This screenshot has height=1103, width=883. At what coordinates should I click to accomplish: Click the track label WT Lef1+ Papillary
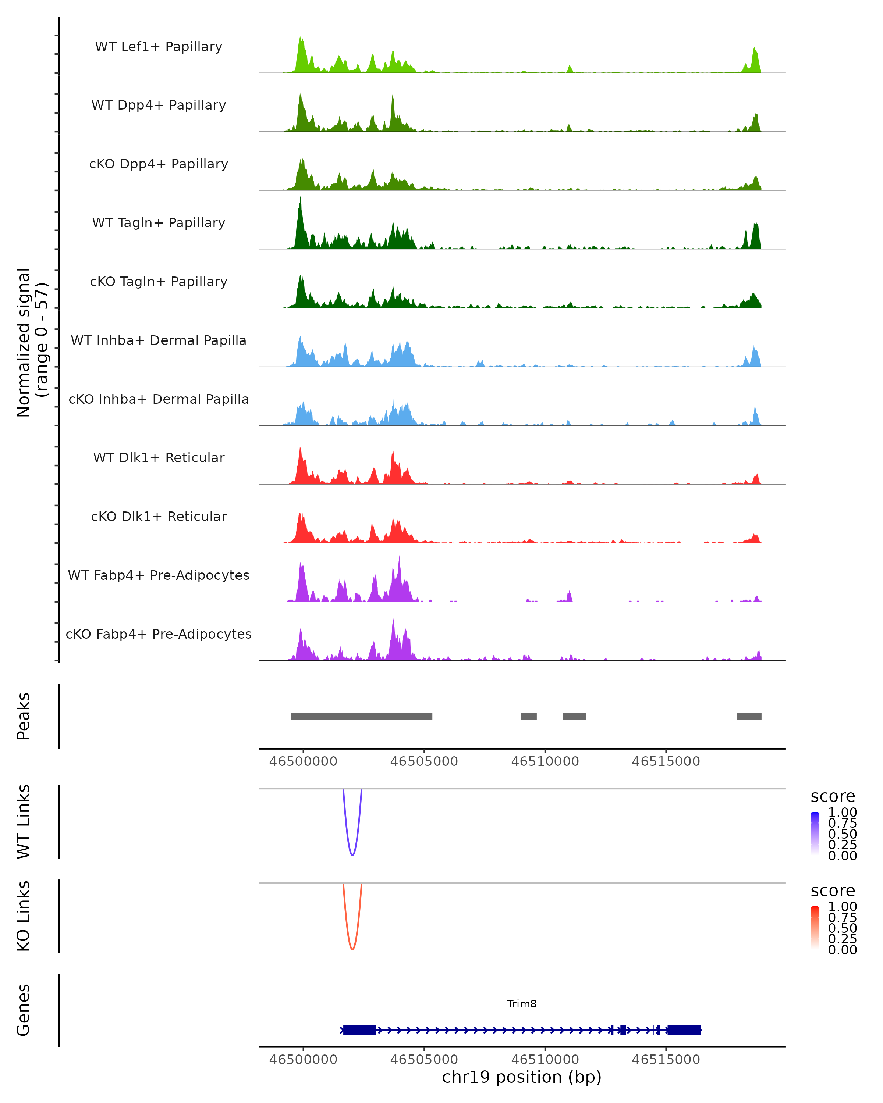click(159, 47)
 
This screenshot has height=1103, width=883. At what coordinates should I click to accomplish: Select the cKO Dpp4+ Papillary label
click(159, 164)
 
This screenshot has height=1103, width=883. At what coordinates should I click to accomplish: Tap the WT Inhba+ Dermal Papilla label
click(159, 340)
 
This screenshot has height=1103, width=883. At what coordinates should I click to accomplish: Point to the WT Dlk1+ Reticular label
click(159, 457)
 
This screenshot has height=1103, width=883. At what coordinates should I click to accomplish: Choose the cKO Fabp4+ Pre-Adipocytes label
click(159, 634)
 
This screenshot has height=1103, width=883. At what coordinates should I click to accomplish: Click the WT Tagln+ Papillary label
click(159, 222)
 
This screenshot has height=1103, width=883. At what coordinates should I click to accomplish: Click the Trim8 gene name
click(522, 1003)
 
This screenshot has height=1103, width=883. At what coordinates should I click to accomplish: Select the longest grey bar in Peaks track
click(361, 716)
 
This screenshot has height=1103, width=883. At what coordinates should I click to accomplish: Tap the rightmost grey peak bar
click(749, 716)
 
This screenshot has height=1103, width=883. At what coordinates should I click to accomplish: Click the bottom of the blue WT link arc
click(352, 854)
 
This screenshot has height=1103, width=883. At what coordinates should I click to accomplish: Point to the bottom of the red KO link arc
click(352, 949)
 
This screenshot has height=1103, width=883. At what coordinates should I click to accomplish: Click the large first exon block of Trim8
click(360, 1030)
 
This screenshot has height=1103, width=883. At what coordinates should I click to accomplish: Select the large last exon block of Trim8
click(684, 1030)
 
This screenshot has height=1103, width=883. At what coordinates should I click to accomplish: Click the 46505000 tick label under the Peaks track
click(424, 761)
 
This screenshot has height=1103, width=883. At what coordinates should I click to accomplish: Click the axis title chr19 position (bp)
click(522, 1077)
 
